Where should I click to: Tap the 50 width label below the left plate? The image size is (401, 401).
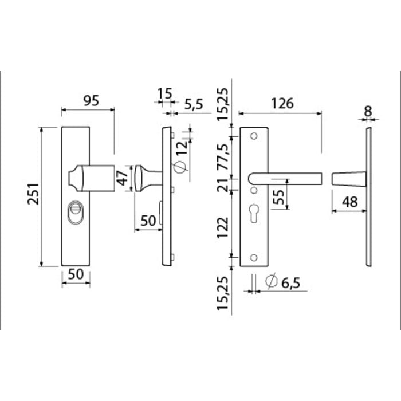pos(76,274)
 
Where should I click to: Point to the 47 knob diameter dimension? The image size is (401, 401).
pos(123,178)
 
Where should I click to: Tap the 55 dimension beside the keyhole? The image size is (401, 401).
pos(278,197)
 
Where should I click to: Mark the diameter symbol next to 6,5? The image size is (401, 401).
pos(272,281)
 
